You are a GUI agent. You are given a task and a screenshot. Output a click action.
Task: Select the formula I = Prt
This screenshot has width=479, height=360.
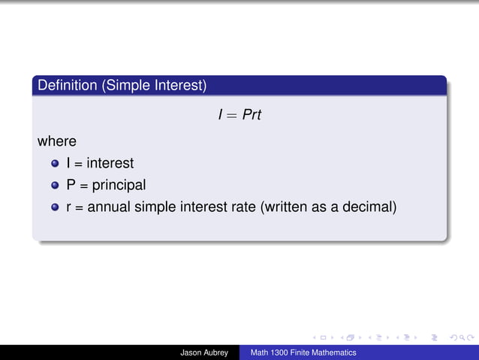pyautogui.click(x=239, y=116)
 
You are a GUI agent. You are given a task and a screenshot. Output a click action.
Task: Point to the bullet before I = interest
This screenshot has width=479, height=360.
pyautogui.click(x=55, y=163)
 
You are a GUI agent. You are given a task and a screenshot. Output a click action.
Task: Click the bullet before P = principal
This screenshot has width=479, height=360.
pyautogui.click(x=55, y=185)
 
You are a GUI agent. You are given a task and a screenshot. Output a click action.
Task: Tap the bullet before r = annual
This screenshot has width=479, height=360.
pyautogui.click(x=55, y=207)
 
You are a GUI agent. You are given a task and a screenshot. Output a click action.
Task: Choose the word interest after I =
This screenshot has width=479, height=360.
pyautogui.click(x=110, y=162)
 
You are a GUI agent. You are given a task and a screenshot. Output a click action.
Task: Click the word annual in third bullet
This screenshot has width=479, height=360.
pyautogui.click(x=110, y=206)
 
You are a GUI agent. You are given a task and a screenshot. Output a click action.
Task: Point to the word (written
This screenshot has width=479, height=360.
pyautogui.click(x=285, y=206)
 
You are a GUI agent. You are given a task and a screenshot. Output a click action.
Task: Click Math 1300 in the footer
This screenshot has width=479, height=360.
pyautogui.click(x=270, y=352)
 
